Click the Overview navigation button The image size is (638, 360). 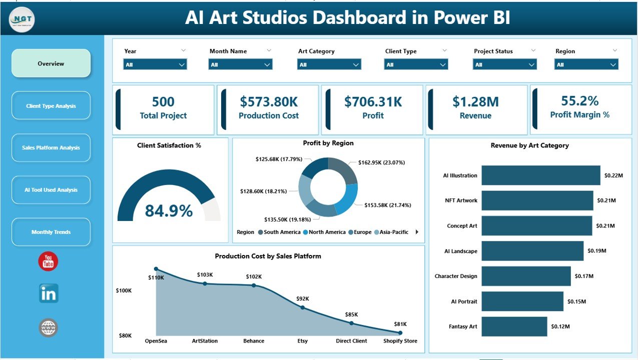pos(51,63)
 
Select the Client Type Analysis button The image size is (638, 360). pos(51,106)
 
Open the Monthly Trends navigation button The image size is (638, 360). pos(51,232)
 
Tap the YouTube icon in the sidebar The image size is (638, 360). pos(48,261)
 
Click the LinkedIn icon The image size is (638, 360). pos(49,293)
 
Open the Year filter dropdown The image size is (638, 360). pos(155,64)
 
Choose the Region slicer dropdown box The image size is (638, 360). pos(586,64)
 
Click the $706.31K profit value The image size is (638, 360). pos(373,102)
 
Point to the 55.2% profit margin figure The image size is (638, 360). pos(579,101)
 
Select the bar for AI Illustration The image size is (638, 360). pos(540,175)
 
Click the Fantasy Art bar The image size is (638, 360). pos(514,326)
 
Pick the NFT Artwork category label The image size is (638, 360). pos(461,200)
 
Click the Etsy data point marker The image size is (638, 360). pos(303,307)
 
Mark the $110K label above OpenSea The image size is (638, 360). pos(157,277)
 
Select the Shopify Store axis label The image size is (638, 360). pos(400,341)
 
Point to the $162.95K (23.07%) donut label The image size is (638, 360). pos(381,162)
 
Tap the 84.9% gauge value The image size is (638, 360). pos(169,211)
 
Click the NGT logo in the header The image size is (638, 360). pos(22,19)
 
